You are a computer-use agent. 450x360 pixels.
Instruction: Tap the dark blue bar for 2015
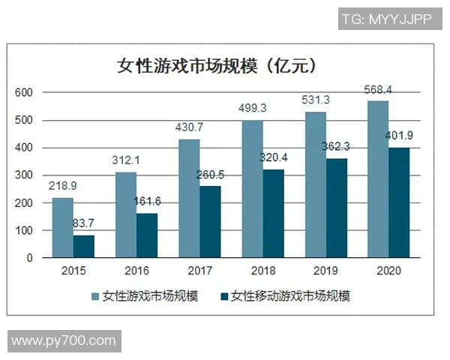point(83,246)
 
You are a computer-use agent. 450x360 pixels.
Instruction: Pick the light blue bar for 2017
point(189,198)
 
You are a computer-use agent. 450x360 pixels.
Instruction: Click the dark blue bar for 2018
point(273,213)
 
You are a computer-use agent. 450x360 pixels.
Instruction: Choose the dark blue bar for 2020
point(399,202)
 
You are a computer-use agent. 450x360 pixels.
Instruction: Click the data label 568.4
point(379,90)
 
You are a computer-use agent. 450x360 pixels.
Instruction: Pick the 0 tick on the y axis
point(29,258)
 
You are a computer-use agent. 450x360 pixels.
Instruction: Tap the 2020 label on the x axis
point(388,271)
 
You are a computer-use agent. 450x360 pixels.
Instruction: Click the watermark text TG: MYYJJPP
point(386,19)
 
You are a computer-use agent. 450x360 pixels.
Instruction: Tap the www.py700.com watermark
point(64,341)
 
